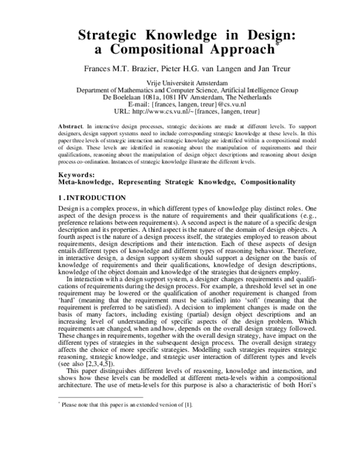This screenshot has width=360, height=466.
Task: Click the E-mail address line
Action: (179, 104)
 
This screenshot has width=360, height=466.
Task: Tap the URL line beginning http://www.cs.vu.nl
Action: (179, 112)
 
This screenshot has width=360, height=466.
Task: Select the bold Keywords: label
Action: (76, 174)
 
